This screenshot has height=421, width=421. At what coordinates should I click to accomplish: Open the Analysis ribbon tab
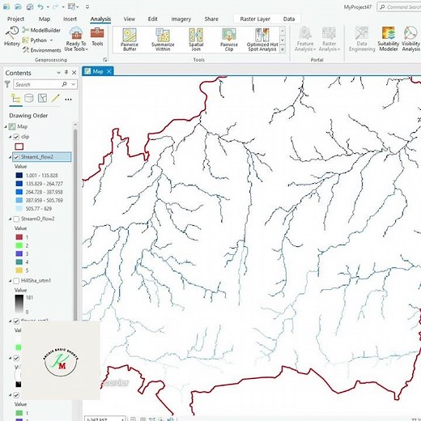tap(100, 18)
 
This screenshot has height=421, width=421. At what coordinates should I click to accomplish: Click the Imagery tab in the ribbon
tap(181, 18)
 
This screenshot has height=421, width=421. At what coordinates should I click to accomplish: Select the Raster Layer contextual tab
tap(252, 18)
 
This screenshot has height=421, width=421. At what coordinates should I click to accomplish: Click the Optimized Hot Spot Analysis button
tap(262, 36)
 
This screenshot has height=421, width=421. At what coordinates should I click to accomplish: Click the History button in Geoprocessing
tap(11, 33)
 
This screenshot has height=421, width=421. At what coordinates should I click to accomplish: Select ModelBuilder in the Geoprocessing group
tap(41, 30)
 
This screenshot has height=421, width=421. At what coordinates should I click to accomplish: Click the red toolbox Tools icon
tap(97, 33)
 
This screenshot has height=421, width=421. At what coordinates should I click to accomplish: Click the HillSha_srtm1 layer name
tap(37, 280)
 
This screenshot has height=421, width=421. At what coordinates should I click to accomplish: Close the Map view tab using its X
tap(110, 71)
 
